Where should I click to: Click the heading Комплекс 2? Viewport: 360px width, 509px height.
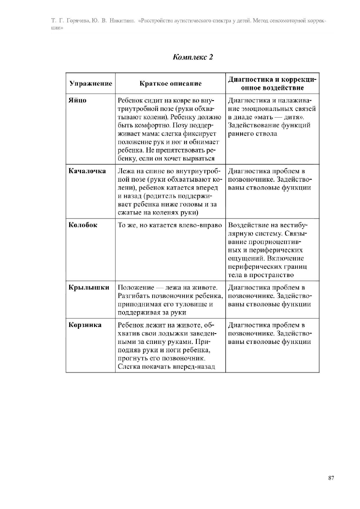pyautogui.click(x=193, y=57)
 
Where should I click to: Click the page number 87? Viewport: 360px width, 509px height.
pyautogui.click(x=331, y=478)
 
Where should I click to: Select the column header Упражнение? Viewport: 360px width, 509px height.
pyautogui.click(x=91, y=84)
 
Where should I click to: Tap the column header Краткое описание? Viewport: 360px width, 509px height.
pyautogui.click(x=170, y=84)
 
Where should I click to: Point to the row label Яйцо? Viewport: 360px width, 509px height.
pyautogui.click(x=77, y=100)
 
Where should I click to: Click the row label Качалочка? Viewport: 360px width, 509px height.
pyautogui.click(x=87, y=171)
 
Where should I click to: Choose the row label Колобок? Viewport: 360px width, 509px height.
pyautogui.click(x=83, y=225)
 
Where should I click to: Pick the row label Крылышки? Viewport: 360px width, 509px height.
pyautogui.click(x=89, y=288)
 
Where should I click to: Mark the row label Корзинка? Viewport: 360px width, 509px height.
pyautogui.click(x=85, y=325)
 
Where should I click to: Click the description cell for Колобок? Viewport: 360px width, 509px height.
pyautogui.click(x=170, y=225)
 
